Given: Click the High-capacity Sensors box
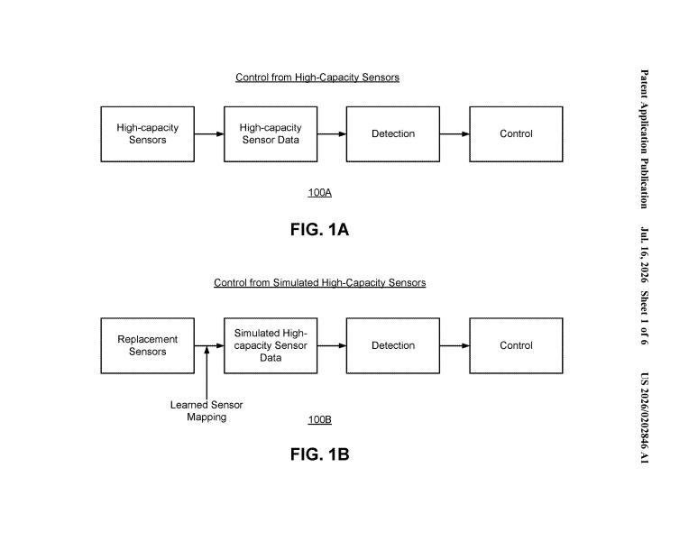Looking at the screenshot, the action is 147,134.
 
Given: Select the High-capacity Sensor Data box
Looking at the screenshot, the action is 271,134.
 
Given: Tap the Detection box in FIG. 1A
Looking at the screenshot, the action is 393,134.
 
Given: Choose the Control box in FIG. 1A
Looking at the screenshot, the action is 516,134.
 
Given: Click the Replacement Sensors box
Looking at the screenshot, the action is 147,345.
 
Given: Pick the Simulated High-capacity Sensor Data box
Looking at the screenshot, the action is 271,345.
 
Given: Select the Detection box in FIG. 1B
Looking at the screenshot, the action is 393,345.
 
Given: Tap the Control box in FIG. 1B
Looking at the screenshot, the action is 516,345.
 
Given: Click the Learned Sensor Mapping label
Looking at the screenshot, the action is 207,410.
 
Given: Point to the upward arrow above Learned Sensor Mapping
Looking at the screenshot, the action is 207,372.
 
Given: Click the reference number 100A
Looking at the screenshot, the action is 319,193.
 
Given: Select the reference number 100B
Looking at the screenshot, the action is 319,419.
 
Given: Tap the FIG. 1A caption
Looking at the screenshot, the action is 319,230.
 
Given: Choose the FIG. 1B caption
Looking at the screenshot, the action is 319,454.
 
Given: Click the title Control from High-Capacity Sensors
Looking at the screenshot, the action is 317,78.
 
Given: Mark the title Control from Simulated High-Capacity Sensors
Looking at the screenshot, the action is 319,283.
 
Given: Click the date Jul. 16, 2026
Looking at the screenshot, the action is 644,255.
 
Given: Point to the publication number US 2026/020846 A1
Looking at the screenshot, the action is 644,418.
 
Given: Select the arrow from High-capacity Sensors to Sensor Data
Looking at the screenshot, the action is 209,134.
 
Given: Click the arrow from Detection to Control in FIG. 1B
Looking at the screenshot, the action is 455,345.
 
